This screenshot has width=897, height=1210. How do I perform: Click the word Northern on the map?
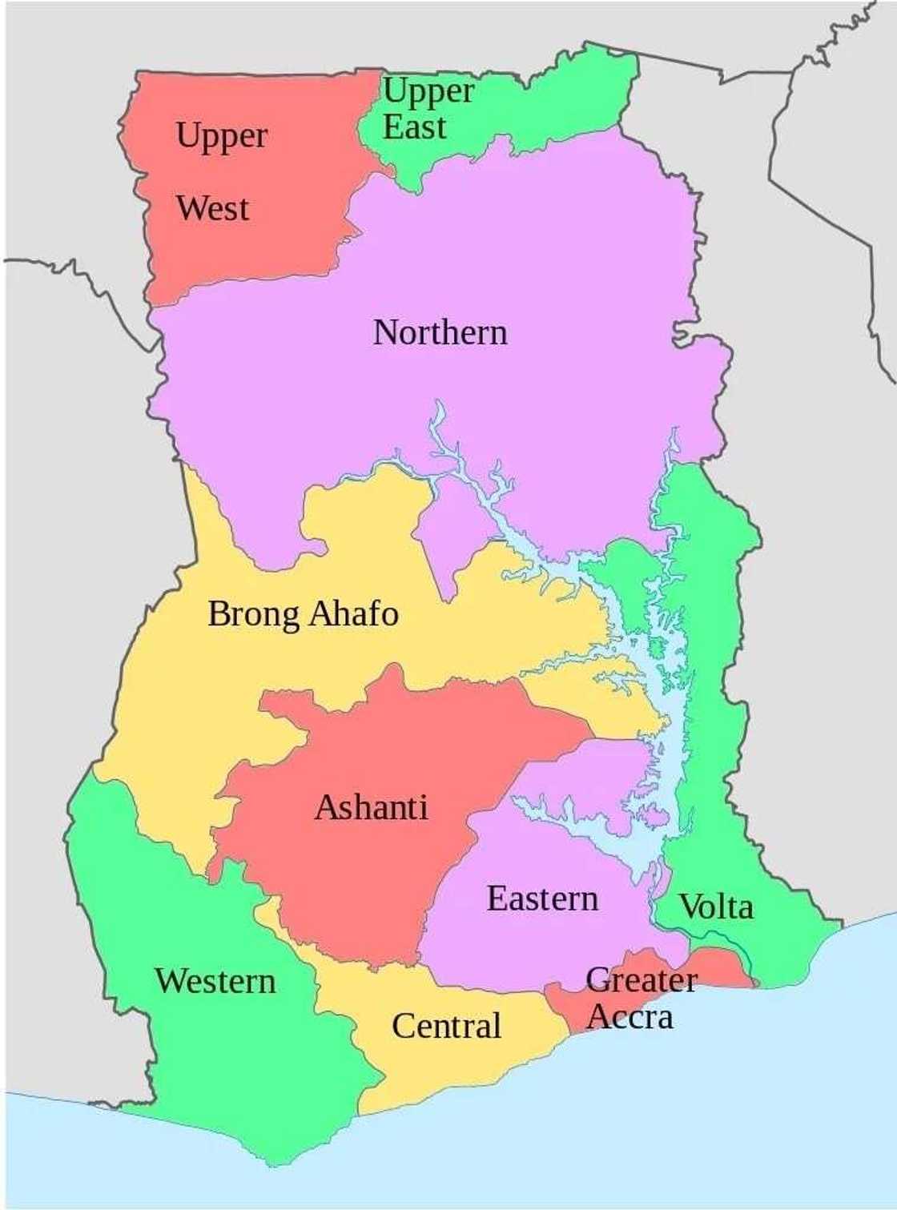(440, 332)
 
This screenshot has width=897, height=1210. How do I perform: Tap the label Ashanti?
(371, 807)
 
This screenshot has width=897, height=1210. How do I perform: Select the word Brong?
(253, 615)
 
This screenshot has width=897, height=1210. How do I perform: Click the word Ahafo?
(353, 613)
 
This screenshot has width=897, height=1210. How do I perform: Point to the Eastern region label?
(542, 898)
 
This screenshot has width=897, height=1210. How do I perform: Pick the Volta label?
(716, 907)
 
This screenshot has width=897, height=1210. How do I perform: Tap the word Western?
(215, 981)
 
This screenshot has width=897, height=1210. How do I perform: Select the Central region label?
(446, 1026)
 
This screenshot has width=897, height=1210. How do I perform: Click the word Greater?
(641, 980)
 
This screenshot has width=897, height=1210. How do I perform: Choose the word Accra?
(630, 1017)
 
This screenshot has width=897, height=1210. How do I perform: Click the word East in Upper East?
(413, 127)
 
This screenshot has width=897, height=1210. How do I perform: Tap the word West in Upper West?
(212, 209)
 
